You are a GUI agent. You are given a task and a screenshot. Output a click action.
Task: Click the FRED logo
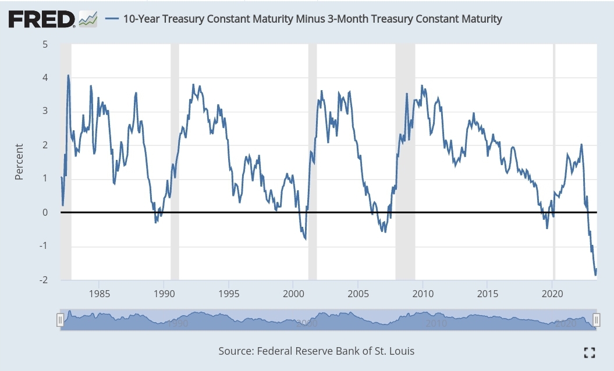(41, 19)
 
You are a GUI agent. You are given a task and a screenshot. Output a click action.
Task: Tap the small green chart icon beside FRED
(88, 19)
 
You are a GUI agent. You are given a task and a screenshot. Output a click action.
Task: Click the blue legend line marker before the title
(112, 19)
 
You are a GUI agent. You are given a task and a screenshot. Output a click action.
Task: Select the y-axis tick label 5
(45, 45)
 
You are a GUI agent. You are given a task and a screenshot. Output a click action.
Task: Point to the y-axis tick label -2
(44, 280)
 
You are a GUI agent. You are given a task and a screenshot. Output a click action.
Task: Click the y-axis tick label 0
(45, 212)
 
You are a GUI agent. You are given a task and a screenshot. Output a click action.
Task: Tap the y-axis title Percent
(19, 162)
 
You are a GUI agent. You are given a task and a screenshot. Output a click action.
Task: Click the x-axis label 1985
(100, 294)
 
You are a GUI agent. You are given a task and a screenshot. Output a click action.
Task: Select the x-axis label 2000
(293, 294)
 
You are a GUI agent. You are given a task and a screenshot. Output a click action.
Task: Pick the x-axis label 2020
(552, 294)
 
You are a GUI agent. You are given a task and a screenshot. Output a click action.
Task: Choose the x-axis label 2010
(423, 294)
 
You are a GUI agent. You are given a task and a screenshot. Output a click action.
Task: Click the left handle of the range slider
(61, 320)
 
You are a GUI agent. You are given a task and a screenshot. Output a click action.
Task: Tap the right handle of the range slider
(596, 320)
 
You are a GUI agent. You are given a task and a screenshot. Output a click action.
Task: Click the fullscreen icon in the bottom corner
(590, 352)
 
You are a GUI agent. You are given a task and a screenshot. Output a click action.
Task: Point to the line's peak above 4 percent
(68, 75)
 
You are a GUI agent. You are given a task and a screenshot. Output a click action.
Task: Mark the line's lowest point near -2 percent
(595, 275)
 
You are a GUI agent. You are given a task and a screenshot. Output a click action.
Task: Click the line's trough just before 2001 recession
(306, 239)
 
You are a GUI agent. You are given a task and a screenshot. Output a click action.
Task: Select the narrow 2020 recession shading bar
(554, 162)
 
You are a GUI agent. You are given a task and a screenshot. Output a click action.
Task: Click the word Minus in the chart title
(310, 19)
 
